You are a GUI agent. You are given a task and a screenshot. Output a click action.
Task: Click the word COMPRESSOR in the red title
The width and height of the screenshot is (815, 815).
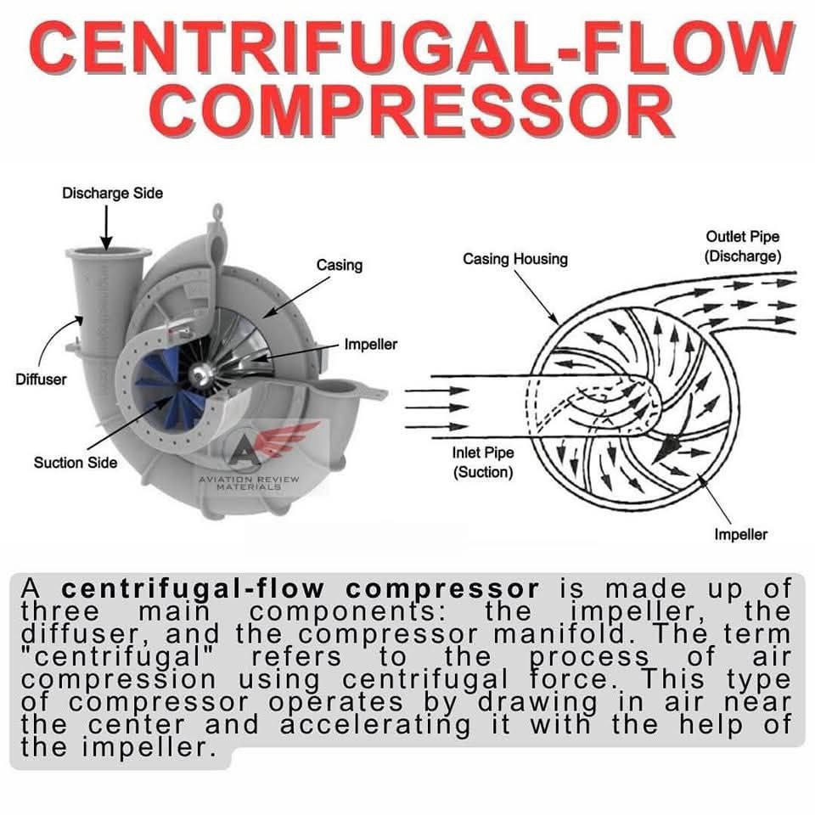click(413, 110)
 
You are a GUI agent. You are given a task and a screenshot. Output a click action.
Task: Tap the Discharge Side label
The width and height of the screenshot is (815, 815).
click(112, 194)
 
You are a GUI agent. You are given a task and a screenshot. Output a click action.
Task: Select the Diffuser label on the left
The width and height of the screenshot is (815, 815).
click(41, 379)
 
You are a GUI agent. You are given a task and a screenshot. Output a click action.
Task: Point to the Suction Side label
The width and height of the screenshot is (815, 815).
click(76, 462)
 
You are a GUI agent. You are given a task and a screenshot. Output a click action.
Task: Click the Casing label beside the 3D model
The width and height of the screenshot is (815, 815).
click(340, 265)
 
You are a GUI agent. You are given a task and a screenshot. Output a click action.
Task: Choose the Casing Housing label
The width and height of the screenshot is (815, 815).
click(515, 259)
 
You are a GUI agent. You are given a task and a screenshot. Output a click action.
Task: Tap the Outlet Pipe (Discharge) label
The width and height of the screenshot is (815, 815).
click(743, 246)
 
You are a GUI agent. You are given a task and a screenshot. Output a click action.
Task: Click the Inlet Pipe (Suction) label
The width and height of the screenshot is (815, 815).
click(483, 462)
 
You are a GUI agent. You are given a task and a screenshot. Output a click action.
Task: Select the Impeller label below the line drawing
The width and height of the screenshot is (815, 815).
click(740, 534)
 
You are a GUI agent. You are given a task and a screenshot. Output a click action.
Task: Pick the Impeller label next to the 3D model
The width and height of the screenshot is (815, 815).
click(371, 344)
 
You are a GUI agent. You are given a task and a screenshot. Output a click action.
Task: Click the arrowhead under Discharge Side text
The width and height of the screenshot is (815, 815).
click(107, 243)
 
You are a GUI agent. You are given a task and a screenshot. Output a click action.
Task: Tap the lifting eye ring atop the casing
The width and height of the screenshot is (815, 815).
click(217, 211)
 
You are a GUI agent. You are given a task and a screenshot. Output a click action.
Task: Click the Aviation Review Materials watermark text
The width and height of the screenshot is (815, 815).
click(249, 482)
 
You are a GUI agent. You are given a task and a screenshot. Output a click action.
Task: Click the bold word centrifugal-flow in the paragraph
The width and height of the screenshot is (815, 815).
click(193, 588)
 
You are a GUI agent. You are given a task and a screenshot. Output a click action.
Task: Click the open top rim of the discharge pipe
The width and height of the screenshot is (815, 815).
click(109, 253)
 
